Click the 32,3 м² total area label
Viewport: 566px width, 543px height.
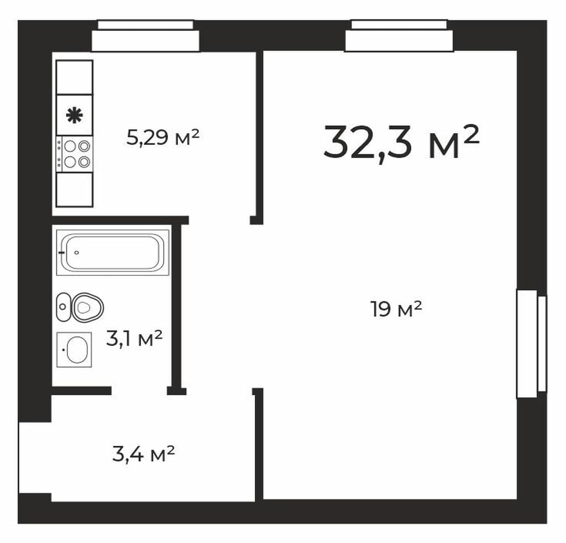pos(401,143)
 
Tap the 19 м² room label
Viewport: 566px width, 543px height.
pos(396,309)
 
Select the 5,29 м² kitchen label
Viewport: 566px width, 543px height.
pos(163,137)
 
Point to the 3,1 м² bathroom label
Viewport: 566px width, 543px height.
pos(134,338)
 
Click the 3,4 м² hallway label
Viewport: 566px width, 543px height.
pos(144,454)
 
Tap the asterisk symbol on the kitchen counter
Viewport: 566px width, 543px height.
pos(75,115)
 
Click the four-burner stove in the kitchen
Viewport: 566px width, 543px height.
pos(75,154)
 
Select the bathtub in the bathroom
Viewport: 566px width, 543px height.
pos(113,252)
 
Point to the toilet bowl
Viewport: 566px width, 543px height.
pos(88,307)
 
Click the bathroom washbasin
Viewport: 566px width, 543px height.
pos(75,350)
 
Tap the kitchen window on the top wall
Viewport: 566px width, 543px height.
pos(145,36)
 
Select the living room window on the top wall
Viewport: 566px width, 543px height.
pos(399,36)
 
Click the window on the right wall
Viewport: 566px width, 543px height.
pos(531,344)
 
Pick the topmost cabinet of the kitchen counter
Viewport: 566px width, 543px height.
pos(75,77)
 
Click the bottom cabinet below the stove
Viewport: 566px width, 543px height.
pos(75,190)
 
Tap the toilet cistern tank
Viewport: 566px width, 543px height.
pos(64,307)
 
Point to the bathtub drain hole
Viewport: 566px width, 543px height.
pos(76,253)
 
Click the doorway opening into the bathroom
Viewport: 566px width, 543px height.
pos(139,390)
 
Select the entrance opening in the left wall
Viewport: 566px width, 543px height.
pos(35,458)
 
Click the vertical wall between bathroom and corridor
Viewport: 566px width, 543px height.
pos(176,305)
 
